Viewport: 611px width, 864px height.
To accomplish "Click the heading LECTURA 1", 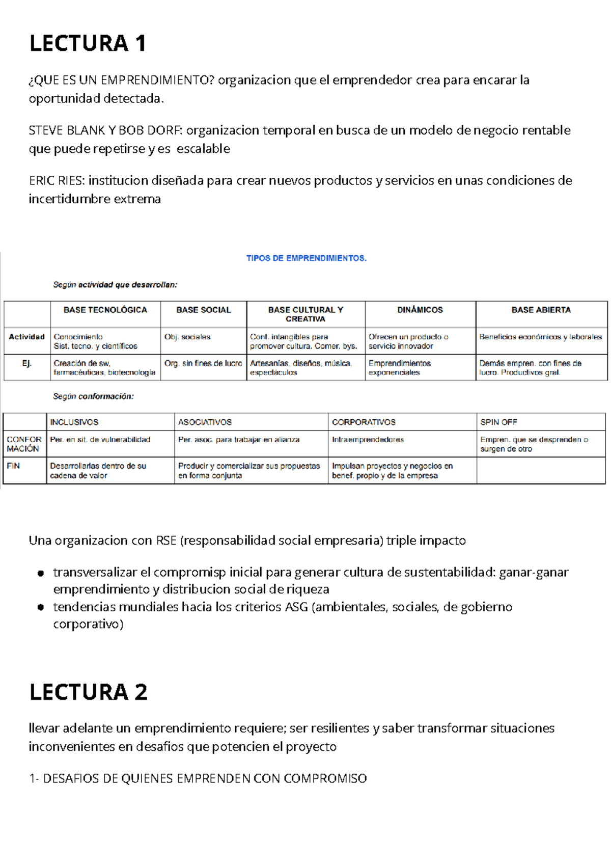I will point(88,43).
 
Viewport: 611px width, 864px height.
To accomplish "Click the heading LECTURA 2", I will point(88,692).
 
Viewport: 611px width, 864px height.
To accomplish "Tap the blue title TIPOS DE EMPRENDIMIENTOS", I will point(306,258).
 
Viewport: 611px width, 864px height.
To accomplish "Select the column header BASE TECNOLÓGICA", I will point(105,310).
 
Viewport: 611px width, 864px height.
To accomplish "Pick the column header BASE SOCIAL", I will point(203,310).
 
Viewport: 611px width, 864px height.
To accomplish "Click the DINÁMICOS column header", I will point(420,310).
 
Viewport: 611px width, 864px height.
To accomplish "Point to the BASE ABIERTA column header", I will point(541,310).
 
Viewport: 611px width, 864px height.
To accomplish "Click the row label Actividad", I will point(26,337).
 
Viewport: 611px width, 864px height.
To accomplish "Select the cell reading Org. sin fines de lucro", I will point(203,363).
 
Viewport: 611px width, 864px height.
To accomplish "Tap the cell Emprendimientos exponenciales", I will point(400,368).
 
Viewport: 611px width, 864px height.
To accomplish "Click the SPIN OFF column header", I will point(498,422).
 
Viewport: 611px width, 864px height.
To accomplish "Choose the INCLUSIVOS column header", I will point(74,422).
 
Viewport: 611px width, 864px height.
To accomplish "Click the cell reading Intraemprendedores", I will point(368,440).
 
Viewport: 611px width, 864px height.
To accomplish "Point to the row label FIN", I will point(13,466).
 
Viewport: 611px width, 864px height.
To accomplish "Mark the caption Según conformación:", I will point(93,396).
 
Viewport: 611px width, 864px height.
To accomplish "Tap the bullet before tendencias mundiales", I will point(40,607).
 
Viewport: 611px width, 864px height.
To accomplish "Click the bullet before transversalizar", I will point(40,573).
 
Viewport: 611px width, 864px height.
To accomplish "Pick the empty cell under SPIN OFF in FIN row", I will point(541,470).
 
